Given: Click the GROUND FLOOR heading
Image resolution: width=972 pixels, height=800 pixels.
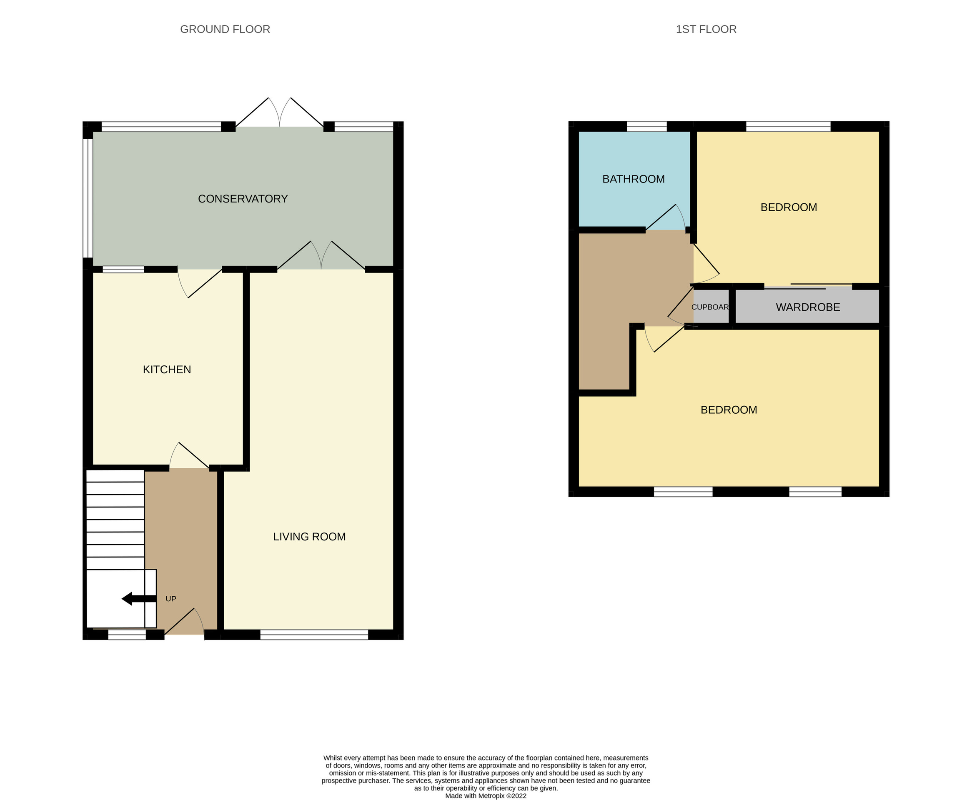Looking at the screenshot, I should (225, 29).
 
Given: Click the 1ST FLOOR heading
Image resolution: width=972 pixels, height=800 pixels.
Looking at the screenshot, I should (706, 29).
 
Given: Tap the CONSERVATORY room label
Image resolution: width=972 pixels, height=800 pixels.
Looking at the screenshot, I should (243, 199).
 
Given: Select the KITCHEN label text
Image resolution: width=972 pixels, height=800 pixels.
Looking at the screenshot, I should (167, 369).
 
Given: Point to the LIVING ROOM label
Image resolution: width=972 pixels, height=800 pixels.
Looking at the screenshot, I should (309, 536).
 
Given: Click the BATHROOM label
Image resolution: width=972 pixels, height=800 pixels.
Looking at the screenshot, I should (633, 179).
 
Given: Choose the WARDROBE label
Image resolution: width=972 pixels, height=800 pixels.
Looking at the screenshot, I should (807, 307).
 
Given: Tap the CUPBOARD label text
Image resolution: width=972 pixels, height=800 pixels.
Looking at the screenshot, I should (710, 307).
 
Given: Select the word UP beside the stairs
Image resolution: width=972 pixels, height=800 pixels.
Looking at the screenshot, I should (170, 599).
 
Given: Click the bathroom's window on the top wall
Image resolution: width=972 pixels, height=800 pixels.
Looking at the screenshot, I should (646, 126).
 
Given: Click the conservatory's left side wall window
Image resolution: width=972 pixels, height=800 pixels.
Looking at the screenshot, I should (87, 197).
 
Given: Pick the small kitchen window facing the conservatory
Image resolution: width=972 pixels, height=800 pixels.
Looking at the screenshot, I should (123, 270).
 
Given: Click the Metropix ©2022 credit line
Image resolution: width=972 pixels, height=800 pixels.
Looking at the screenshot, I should (485, 795).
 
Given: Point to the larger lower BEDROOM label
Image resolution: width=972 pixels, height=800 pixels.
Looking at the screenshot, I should (728, 410).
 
